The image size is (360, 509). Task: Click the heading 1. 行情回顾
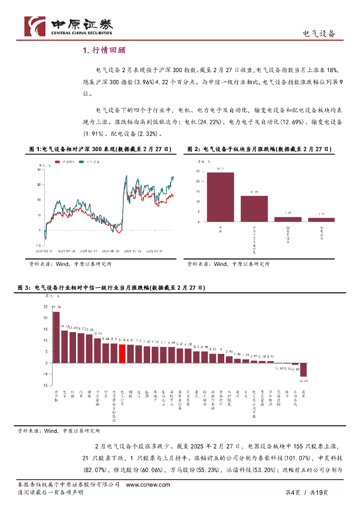104,50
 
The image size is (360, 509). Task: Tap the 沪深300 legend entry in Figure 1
68,163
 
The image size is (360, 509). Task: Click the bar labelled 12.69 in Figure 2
254,208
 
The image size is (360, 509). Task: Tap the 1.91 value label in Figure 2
321,214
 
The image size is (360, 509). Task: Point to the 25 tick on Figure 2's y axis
198,170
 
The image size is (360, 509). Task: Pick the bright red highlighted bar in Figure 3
122,353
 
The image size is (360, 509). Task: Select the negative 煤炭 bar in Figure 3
303,370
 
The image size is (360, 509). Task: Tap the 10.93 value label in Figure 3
98,334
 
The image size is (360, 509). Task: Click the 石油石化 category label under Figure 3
295,398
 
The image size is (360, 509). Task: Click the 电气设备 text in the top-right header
319,33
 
